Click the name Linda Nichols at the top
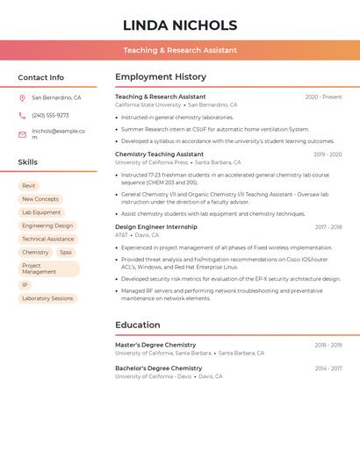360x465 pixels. [x=180, y=25]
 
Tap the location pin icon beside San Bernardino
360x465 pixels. [x=22, y=98]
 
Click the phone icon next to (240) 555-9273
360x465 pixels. [x=22, y=115]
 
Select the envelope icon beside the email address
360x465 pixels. [x=22, y=134]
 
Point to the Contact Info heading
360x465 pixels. [x=41, y=77]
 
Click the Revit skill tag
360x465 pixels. [x=29, y=186]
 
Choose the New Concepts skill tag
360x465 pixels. [x=40, y=199]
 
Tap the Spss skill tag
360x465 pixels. [x=66, y=253]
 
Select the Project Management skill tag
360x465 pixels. [x=48, y=268]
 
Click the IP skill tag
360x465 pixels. [x=25, y=285]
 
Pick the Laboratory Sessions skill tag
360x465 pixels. [x=47, y=298]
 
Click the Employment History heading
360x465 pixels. [x=161, y=77]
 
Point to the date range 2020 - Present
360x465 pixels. [x=323, y=97]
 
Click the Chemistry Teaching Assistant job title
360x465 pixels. [x=159, y=154]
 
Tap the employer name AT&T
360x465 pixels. [x=121, y=235]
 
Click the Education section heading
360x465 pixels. [x=138, y=325]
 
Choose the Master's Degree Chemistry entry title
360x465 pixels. [x=155, y=345]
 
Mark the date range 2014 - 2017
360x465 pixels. [x=328, y=368]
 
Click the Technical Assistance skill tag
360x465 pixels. [x=48, y=239]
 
